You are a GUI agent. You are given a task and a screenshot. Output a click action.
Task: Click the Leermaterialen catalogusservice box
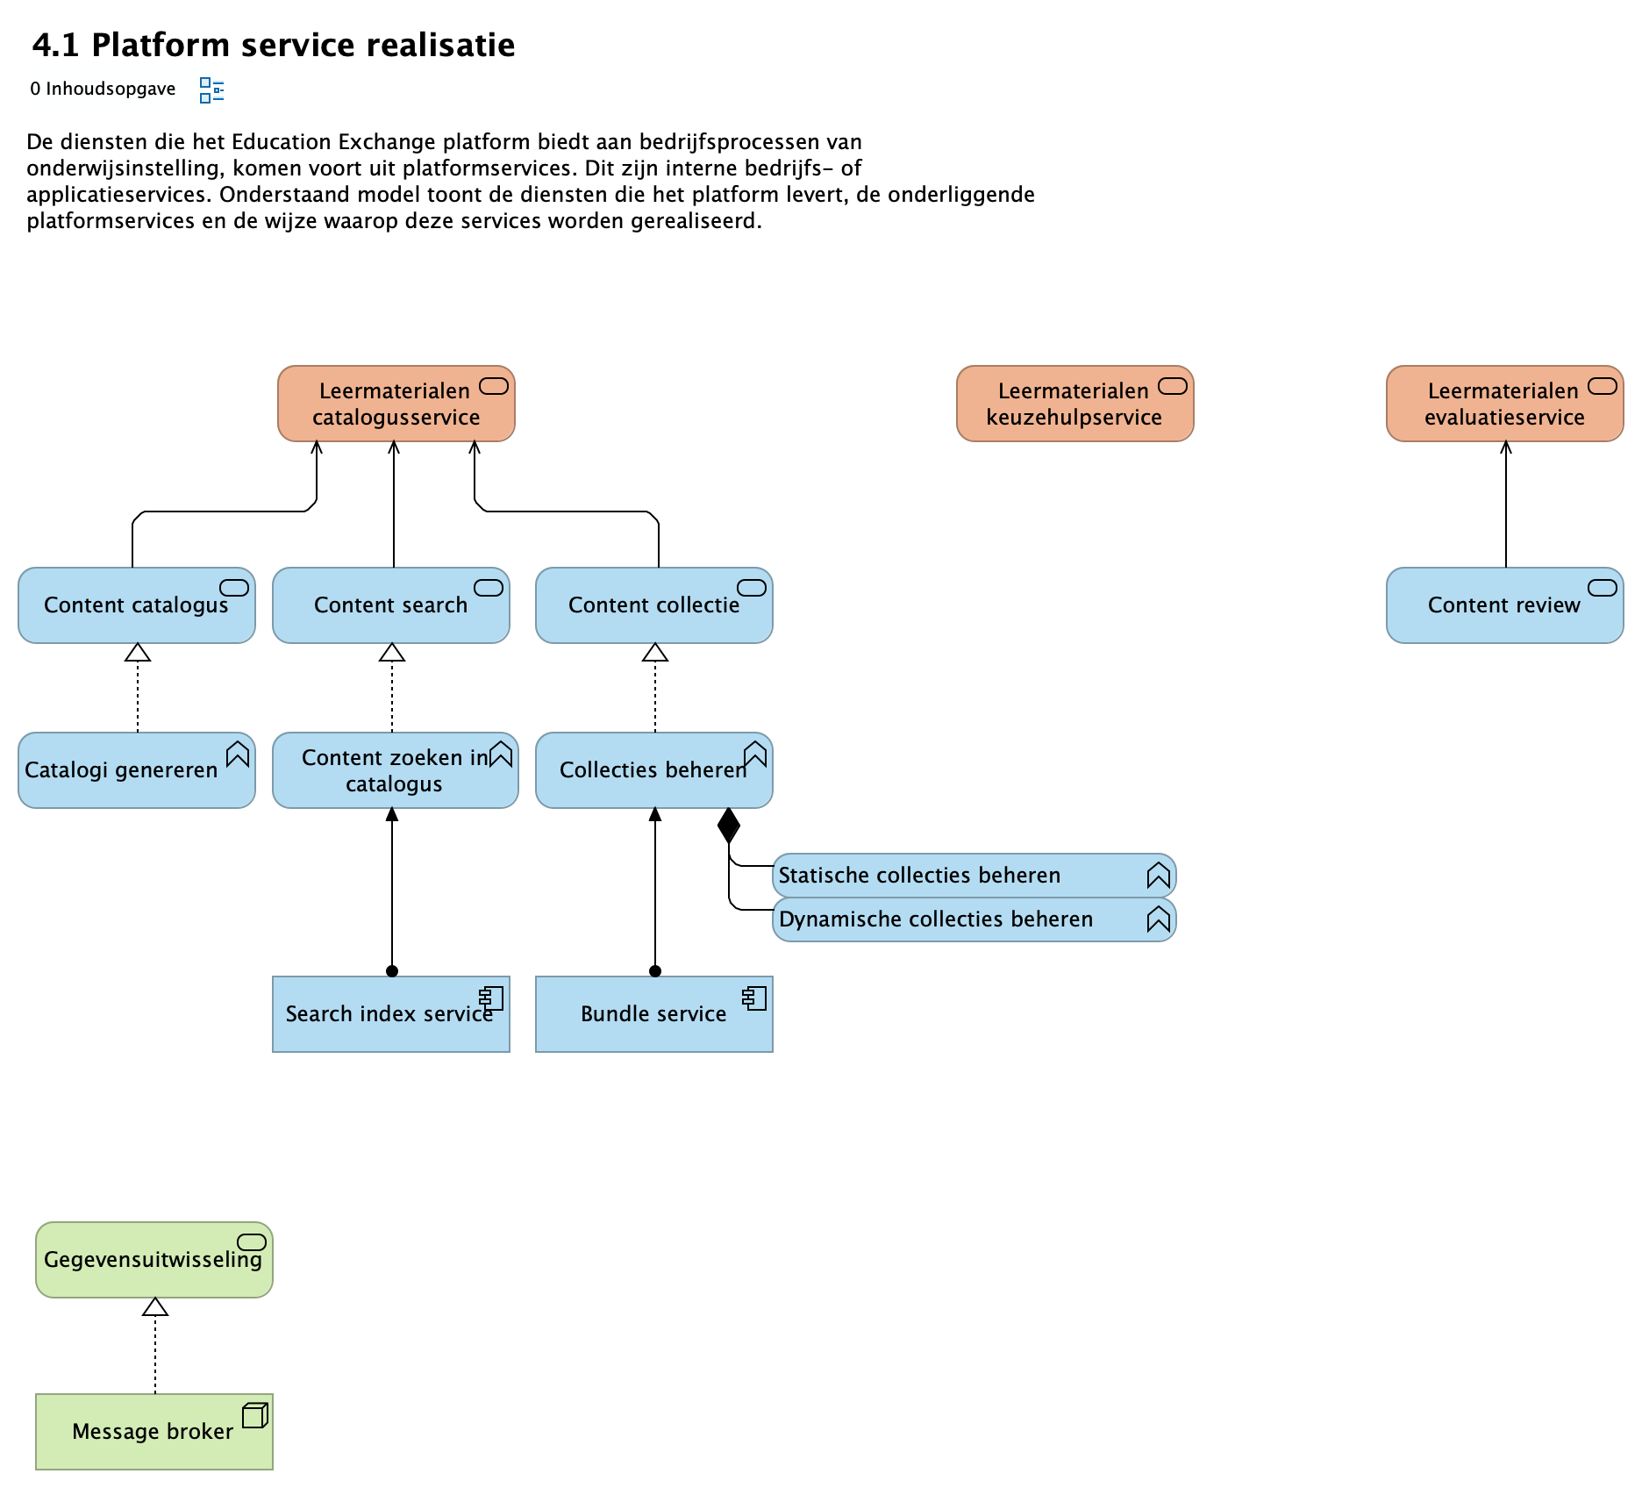click(396, 404)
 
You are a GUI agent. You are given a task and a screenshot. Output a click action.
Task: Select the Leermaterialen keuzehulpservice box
click(1074, 404)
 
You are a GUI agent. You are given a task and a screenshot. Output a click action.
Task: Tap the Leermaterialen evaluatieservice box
click(1503, 404)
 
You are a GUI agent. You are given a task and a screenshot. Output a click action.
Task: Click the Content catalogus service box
click(136, 605)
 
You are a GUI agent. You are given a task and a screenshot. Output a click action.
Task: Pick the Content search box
click(390, 605)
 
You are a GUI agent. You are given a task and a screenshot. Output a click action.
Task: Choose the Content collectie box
click(653, 605)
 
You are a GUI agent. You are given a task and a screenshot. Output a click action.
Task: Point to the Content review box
click(1503, 605)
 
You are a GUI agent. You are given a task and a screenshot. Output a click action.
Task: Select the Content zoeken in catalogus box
click(395, 770)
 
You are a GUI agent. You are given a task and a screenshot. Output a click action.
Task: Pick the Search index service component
click(390, 1014)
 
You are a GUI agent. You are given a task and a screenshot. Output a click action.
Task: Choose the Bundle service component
click(653, 1014)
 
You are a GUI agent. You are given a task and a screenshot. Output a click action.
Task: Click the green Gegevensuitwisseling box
click(153, 1260)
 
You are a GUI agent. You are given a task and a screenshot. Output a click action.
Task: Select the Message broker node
click(153, 1432)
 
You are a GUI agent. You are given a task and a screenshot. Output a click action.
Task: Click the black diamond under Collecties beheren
click(728, 826)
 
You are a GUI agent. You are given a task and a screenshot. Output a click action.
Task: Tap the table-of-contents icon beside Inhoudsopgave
click(211, 89)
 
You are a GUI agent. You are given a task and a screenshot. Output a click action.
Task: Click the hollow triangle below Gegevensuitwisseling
click(155, 1307)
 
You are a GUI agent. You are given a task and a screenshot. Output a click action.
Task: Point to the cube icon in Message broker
click(255, 1415)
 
